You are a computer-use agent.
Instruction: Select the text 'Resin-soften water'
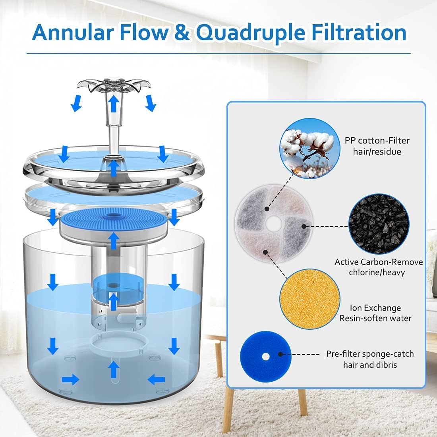tap(375, 318)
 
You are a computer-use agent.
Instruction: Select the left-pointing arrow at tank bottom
tap(156, 379)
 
